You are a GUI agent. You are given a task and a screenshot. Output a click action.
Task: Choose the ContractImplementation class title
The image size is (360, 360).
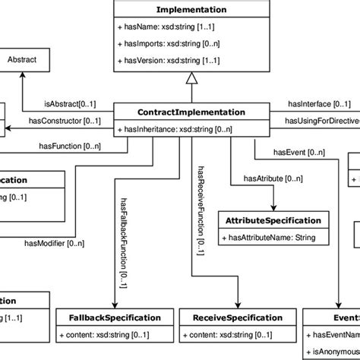(x=191, y=112)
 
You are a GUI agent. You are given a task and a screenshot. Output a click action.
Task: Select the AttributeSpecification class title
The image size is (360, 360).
(x=273, y=220)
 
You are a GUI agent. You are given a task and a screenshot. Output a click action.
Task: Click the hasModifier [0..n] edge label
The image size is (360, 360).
(x=56, y=242)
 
